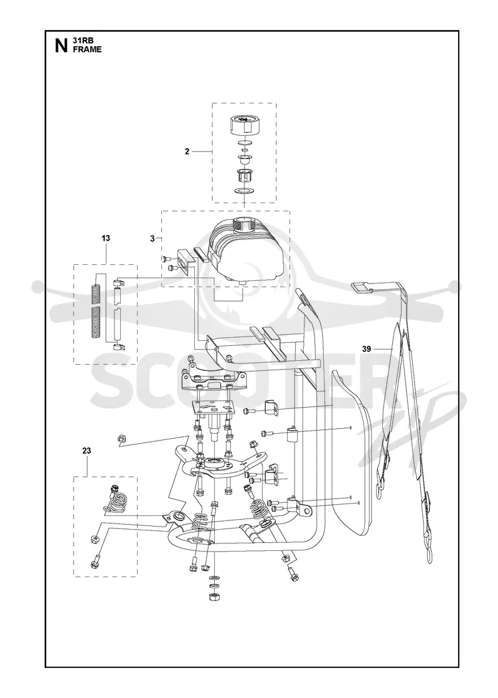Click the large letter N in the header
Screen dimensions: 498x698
[61, 45]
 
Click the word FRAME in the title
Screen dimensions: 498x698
[87, 49]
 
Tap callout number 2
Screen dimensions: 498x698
[187, 151]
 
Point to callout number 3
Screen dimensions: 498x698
[152, 239]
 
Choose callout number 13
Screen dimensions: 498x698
[105, 238]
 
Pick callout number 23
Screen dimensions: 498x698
[87, 451]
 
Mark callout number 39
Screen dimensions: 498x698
[367, 349]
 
